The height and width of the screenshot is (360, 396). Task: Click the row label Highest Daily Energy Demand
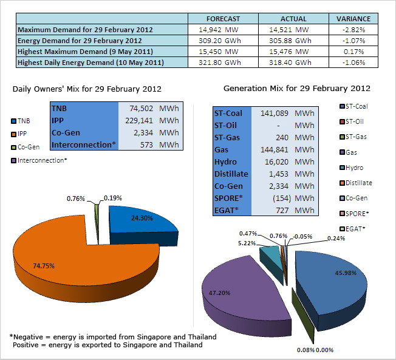point(91,63)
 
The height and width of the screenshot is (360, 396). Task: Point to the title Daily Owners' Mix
point(87,89)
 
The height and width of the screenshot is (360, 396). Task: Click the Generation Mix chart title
point(297,89)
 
